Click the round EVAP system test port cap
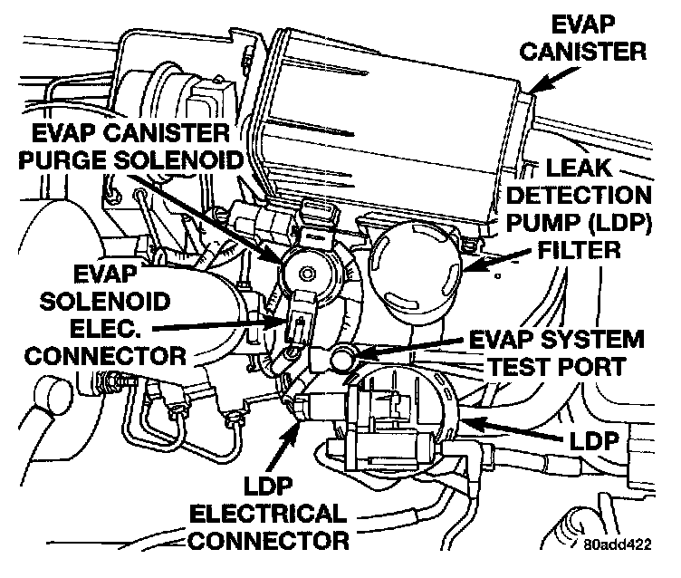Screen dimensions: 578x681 [x=342, y=358]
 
